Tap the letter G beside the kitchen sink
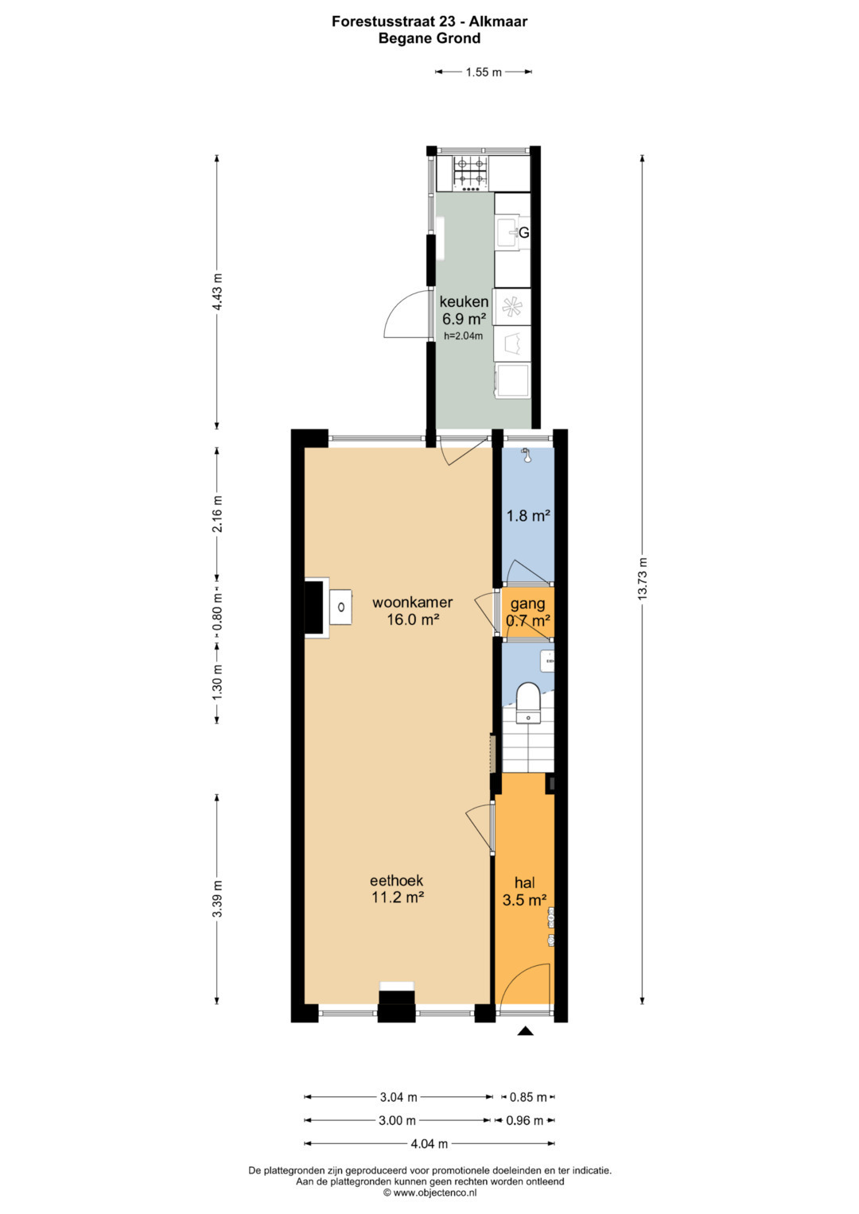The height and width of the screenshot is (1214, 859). point(524,232)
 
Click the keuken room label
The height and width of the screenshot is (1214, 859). point(464,301)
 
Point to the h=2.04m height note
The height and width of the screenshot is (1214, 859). point(463,336)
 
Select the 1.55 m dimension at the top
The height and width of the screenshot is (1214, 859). point(484,72)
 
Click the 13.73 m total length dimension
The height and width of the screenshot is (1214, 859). point(643,578)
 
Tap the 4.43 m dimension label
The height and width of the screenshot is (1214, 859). point(217,292)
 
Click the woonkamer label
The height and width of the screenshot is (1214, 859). point(412,602)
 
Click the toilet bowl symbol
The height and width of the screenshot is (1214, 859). point(527,703)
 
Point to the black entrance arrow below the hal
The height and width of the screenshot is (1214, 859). point(524,1031)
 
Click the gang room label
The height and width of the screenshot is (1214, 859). point(527,603)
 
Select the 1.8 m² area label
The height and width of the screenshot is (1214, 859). point(528,515)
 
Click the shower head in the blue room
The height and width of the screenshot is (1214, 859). point(525,454)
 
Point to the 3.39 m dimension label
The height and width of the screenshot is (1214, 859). point(217,898)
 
